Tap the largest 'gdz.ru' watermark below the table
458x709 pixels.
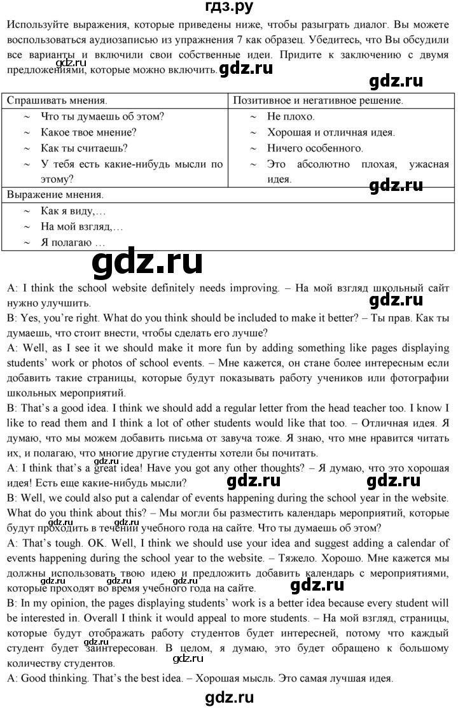pos(148,262)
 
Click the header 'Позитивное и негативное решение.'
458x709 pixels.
pos(317,101)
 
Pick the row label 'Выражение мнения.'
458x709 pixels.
pos(54,195)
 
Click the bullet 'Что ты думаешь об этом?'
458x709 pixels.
pos(102,116)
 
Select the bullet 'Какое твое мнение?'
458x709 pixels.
pos(88,132)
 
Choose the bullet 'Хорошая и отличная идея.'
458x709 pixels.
pos(331,132)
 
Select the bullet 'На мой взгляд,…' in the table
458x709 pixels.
pos(82,227)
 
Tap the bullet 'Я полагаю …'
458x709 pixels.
pos(72,242)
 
